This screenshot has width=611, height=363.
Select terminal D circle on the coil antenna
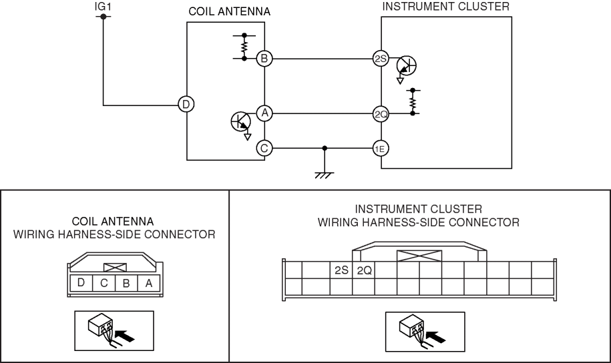[186, 104]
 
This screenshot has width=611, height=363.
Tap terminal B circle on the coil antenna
[264, 59]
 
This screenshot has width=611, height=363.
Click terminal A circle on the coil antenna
[264, 113]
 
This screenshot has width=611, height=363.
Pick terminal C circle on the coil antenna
[264, 148]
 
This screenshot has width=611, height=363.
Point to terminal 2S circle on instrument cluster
[381, 59]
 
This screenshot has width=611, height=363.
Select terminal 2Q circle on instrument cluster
[381, 113]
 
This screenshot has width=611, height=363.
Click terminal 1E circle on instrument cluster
[381, 148]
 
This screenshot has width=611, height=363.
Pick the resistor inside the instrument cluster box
[414, 101]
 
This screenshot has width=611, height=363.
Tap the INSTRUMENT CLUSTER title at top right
[445, 6]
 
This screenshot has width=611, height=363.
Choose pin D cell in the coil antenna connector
[81, 283]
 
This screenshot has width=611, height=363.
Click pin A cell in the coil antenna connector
[148, 283]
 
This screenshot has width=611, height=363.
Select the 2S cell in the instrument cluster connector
[341, 271]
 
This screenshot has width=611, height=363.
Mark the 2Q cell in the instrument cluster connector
[364, 271]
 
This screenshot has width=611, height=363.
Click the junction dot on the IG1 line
[103, 16]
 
